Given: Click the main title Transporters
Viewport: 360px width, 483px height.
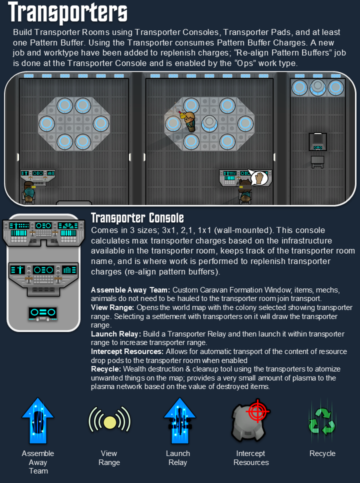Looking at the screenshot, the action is click(67, 12).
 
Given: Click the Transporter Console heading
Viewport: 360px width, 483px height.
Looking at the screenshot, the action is click(137, 218).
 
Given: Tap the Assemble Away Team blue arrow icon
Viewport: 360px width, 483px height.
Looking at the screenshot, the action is click(38, 420).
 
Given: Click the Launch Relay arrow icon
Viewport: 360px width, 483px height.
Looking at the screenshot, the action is click(179, 420).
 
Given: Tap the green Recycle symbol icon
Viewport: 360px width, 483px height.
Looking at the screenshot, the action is click(322, 421).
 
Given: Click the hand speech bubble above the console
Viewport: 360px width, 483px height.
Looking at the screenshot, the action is click(258, 177).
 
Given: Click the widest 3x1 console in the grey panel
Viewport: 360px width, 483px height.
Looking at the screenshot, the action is click(43, 233).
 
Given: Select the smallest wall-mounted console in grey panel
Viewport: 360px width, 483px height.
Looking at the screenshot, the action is click(43, 314).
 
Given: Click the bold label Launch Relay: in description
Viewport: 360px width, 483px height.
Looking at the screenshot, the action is click(116, 334).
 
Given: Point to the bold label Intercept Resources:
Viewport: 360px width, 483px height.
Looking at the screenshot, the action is click(127, 351).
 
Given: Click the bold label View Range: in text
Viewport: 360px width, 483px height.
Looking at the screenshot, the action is click(112, 307).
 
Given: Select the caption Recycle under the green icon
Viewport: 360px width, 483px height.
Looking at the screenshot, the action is click(322, 453).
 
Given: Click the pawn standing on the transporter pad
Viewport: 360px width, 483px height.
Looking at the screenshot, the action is click(189, 121).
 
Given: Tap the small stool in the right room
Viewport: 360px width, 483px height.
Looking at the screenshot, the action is click(317, 161).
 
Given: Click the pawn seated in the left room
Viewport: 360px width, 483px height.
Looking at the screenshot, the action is click(29, 192).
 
